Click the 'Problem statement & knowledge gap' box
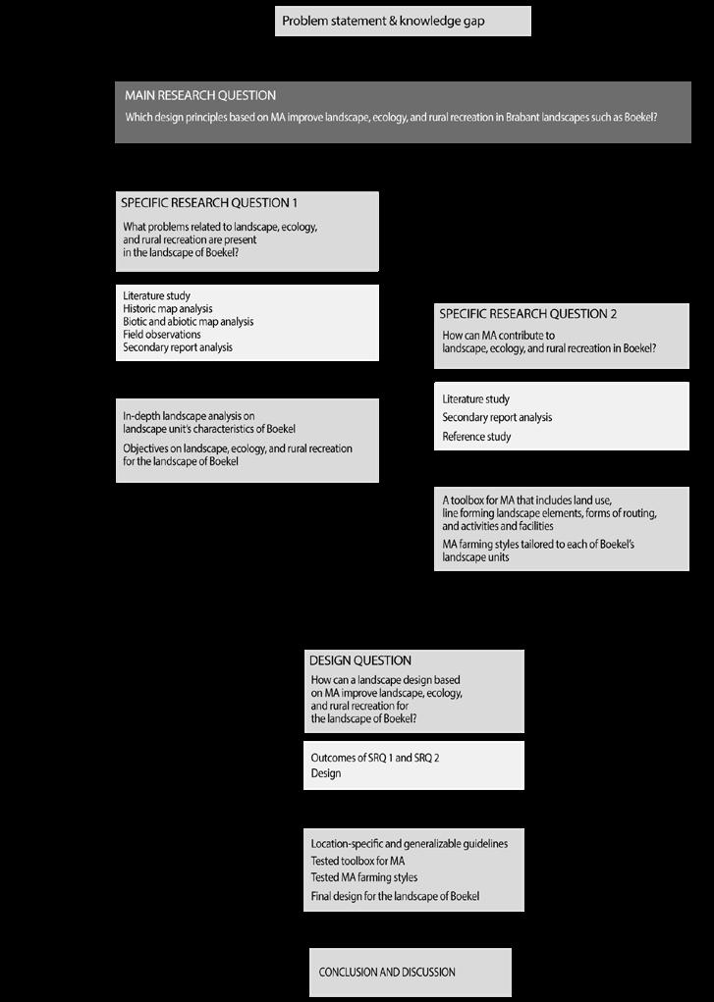point(403,21)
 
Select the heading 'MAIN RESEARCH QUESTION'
point(200,95)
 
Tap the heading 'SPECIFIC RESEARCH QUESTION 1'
point(209,203)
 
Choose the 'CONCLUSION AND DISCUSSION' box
point(387,972)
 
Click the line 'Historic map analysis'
point(168,309)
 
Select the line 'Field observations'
point(162,335)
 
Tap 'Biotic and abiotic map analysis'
point(188,322)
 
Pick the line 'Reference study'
point(476,437)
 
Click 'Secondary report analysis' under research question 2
point(497,418)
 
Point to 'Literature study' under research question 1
point(157,296)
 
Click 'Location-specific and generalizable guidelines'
point(410,843)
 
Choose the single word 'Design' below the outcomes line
point(326,773)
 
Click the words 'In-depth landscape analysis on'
point(189,416)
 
